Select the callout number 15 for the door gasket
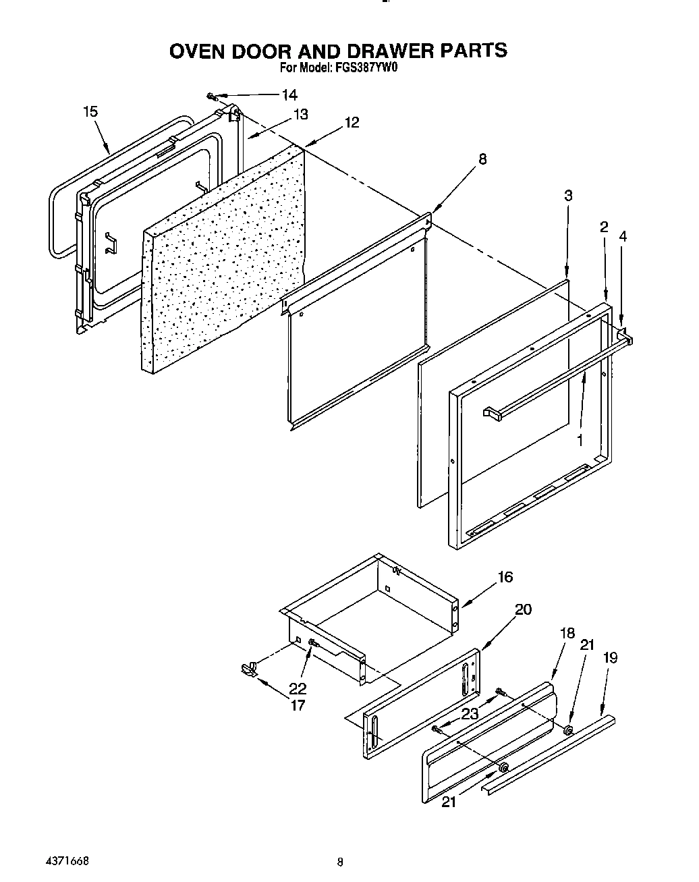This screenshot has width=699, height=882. (90, 112)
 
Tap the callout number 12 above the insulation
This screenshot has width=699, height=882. (352, 122)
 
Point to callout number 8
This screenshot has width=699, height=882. (482, 159)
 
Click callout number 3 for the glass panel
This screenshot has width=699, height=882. (568, 196)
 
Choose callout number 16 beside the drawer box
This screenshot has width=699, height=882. (505, 577)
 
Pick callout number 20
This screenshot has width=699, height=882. (523, 609)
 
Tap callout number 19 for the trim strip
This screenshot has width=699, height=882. (609, 657)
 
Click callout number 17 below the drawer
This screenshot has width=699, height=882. (297, 705)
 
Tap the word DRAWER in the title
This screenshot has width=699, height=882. (374, 50)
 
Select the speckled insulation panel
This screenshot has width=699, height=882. (223, 263)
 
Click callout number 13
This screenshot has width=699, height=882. (300, 114)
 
